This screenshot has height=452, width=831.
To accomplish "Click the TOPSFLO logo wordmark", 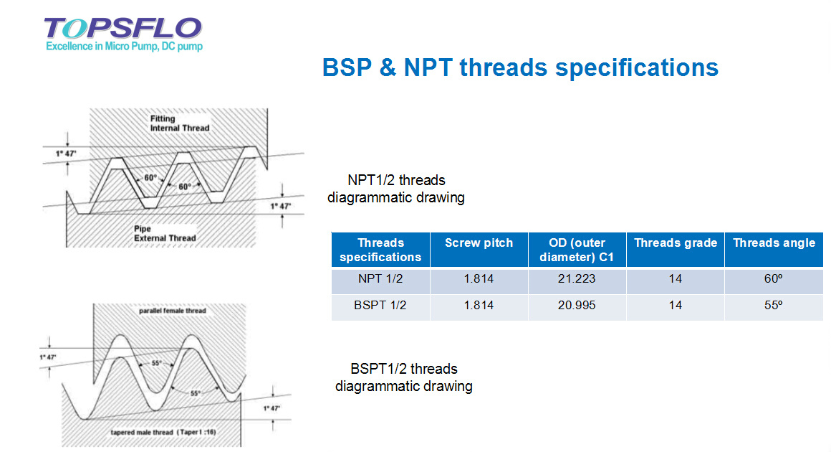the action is (x=123, y=28).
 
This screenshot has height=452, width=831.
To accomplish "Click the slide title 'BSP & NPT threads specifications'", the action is (x=520, y=68).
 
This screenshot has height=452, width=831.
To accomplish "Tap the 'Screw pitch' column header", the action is (x=479, y=243).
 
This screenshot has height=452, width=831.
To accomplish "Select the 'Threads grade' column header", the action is (x=675, y=243).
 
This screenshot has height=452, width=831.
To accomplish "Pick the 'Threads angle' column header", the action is (x=774, y=243).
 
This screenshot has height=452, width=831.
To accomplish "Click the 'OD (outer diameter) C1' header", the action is (x=577, y=250).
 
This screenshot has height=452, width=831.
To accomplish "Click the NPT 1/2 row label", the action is (x=380, y=278).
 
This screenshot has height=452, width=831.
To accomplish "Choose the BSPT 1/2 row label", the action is (x=380, y=305).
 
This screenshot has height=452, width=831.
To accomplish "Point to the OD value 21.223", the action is (x=577, y=278).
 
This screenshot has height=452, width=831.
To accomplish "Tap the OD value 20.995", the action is (x=577, y=305).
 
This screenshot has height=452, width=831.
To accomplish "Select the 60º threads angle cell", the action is (x=773, y=278).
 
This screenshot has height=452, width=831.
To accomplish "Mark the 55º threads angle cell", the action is (x=773, y=305).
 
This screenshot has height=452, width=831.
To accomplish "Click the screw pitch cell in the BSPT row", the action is (x=479, y=305).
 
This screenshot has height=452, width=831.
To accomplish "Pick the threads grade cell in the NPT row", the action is (x=675, y=278).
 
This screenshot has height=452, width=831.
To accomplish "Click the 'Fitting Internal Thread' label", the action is (x=180, y=123).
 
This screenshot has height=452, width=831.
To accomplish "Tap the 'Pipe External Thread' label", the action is (x=165, y=233).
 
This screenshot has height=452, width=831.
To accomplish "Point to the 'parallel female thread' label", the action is (x=172, y=311).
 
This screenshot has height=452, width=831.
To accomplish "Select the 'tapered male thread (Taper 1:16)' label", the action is (x=163, y=432).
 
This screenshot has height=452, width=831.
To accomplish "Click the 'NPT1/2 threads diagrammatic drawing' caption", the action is (x=396, y=188).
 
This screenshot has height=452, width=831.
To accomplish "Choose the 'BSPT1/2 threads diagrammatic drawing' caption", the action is (x=404, y=377).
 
